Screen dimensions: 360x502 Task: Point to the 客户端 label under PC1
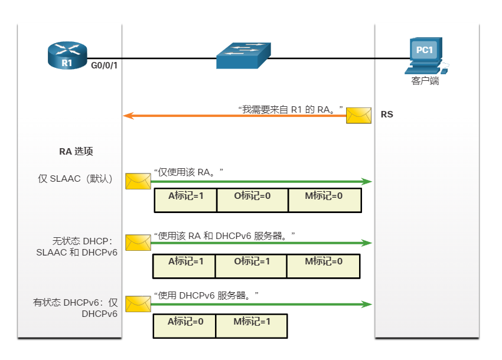click(x=425, y=81)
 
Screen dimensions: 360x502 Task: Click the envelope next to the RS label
click(x=358, y=116)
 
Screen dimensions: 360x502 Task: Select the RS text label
click(x=387, y=114)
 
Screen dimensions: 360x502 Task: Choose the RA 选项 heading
click(x=76, y=151)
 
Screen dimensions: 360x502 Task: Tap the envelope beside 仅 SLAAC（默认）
click(x=138, y=181)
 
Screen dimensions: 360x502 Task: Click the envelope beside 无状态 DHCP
click(x=138, y=243)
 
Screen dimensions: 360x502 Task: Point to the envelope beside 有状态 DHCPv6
click(x=138, y=304)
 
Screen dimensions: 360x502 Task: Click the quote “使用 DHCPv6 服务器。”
click(x=207, y=294)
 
